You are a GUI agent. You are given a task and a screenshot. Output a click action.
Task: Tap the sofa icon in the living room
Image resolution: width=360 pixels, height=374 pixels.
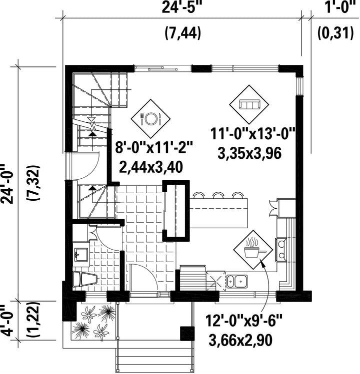(249, 104)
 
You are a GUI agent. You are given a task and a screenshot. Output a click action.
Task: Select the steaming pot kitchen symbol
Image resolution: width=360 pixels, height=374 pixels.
(253, 250)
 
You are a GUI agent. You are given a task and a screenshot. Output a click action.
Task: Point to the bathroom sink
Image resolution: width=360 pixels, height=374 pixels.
(80, 254)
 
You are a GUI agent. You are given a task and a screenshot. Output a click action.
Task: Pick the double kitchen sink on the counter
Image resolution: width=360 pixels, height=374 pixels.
(237, 282)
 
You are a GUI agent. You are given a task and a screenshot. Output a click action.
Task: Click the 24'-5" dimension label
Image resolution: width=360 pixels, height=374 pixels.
(180, 7)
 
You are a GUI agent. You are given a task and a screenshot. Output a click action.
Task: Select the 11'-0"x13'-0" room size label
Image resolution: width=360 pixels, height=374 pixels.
(253, 134)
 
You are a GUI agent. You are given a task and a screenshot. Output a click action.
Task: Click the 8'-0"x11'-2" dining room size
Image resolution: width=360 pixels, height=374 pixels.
(154, 148)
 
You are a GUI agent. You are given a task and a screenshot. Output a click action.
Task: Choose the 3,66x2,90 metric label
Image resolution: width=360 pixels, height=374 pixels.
(240, 340)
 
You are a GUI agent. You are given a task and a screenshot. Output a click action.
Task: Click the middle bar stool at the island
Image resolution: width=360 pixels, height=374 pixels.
(218, 195)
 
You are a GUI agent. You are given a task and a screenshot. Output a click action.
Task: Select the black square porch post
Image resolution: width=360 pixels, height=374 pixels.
(187, 333)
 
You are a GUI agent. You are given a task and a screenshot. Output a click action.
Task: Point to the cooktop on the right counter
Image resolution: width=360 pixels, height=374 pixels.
(281, 250)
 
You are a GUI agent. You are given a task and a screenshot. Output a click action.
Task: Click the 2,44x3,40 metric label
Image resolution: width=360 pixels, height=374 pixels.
(151, 167)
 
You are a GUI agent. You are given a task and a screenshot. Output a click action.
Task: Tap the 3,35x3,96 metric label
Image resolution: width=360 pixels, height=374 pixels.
(249, 153)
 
